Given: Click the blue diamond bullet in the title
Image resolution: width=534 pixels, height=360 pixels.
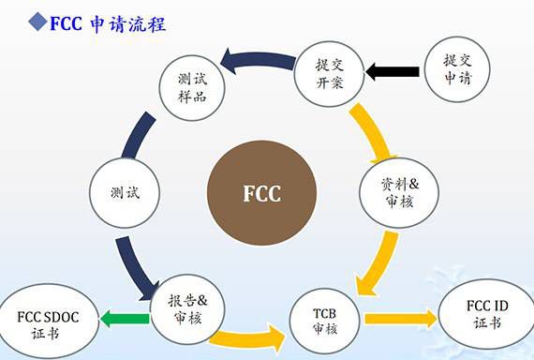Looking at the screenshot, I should pos(13,20).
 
